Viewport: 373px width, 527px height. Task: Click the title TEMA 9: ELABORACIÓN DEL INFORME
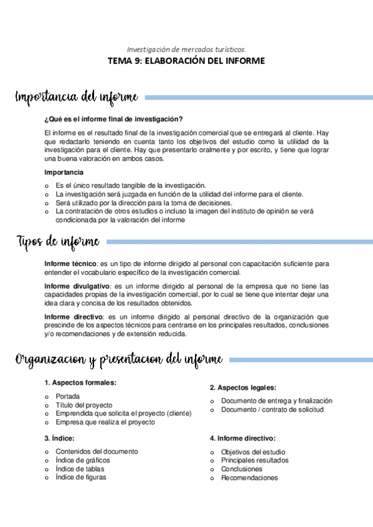pyautogui.click(x=186, y=61)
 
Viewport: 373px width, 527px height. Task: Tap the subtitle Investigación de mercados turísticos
pyautogui.click(x=186, y=48)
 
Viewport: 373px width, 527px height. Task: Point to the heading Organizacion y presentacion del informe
pyautogui.click(x=119, y=359)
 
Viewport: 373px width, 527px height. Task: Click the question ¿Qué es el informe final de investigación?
pyautogui.click(x=113, y=119)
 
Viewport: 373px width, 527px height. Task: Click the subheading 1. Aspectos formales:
pyautogui.click(x=80, y=383)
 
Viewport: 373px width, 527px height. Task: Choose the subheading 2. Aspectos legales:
pyautogui.click(x=243, y=387)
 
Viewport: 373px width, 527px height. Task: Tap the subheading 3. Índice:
pyautogui.click(x=60, y=438)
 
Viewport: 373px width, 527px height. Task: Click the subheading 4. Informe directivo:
pyautogui.click(x=243, y=438)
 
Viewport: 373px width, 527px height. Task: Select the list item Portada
pyautogui.click(x=67, y=396)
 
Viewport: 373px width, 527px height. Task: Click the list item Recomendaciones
pyautogui.click(x=250, y=478)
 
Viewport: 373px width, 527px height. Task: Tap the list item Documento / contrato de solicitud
pyautogui.click(x=272, y=410)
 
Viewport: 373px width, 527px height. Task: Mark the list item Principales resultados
pyautogui.click(x=255, y=461)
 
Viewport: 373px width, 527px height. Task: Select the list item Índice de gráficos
pyautogui.click(x=83, y=460)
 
